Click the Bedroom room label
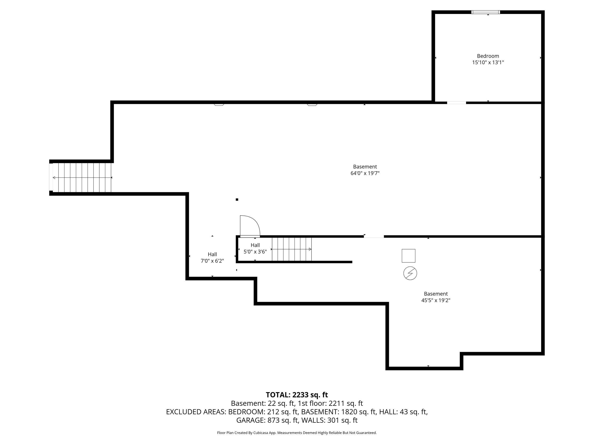pyautogui.click(x=488, y=56)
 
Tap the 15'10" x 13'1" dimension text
pyautogui.click(x=488, y=63)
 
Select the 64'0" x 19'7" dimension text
pyautogui.click(x=365, y=173)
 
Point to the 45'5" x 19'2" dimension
pyautogui.click(x=436, y=300)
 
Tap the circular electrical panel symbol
pyautogui.click(x=410, y=273)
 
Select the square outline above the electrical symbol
pyautogui.click(x=408, y=256)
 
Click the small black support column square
pyautogui.click(x=237, y=200)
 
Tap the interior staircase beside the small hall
pyautogui.click(x=292, y=249)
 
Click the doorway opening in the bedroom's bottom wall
pyautogui.click(x=456, y=102)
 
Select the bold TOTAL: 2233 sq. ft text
pyautogui.click(x=297, y=395)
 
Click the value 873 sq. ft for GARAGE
pyautogui.click(x=283, y=420)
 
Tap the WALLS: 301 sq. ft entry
pyautogui.click(x=329, y=420)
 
